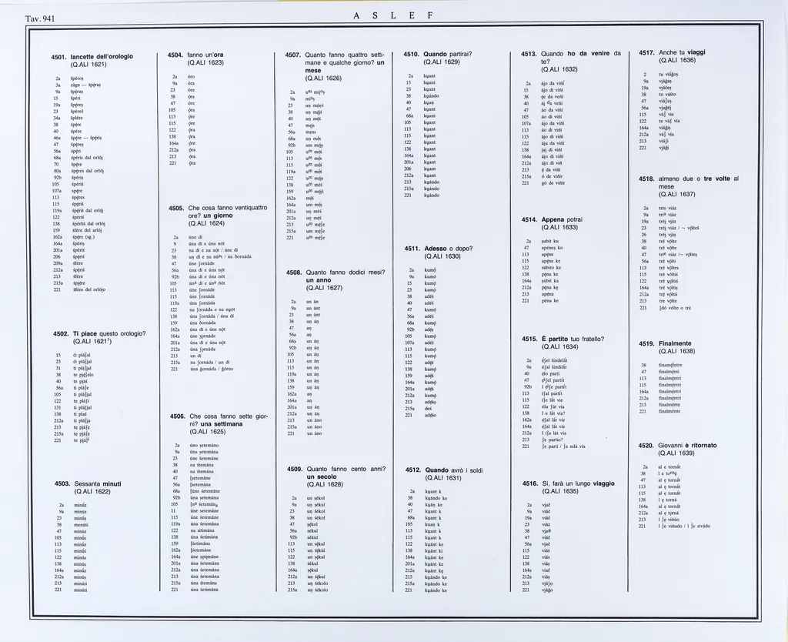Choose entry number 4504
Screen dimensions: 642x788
(175, 55)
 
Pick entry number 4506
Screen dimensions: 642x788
(175, 416)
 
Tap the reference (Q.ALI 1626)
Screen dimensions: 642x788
(324, 79)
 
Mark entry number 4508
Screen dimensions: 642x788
(294, 272)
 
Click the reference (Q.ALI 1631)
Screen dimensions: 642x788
(442, 478)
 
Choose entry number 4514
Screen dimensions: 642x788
(529, 219)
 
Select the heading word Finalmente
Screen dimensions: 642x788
(676, 342)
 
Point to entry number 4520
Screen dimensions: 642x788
(646, 445)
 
